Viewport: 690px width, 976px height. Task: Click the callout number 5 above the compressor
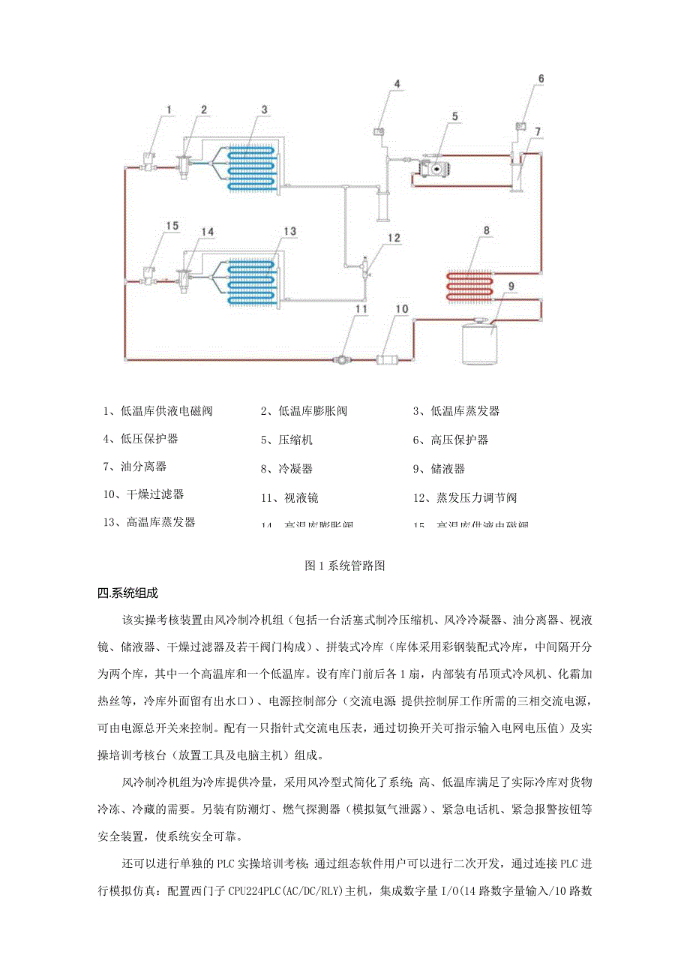click(454, 116)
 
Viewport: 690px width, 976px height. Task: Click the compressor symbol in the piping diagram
click(435, 170)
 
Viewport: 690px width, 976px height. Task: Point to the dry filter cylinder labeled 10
click(391, 361)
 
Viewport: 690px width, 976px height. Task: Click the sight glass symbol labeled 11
click(341, 361)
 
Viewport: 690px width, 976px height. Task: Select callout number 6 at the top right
click(541, 78)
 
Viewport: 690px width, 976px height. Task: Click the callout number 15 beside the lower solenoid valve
click(172, 226)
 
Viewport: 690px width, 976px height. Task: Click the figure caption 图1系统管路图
click(345, 566)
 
